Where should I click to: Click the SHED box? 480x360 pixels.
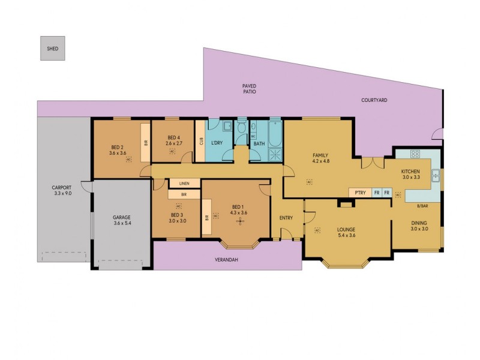pyautogui.click(x=53, y=49)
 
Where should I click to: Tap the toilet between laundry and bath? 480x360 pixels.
pyautogui.click(x=241, y=127)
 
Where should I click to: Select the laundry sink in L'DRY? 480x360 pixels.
pyautogui.click(x=227, y=127)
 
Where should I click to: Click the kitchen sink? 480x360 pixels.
pyautogui.click(x=436, y=176)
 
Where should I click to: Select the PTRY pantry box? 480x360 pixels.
pyautogui.click(x=360, y=193)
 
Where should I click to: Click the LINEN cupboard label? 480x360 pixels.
pyautogui.click(x=184, y=183)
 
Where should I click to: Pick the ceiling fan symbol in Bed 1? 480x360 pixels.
pyautogui.click(x=241, y=220)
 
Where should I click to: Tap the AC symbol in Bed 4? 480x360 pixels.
pyautogui.click(x=172, y=152)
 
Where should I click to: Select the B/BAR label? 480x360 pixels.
pyautogui.click(x=421, y=206)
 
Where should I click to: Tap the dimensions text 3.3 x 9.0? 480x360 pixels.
pyautogui.click(x=62, y=194)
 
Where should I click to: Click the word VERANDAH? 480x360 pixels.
pyautogui.click(x=227, y=260)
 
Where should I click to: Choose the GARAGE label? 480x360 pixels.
pyautogui.click(x=122, y=217)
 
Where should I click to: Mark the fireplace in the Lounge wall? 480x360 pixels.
pyautogui.click(x=345, y=205)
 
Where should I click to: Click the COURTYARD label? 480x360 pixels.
pyautogui.click(x=374, y=100)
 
